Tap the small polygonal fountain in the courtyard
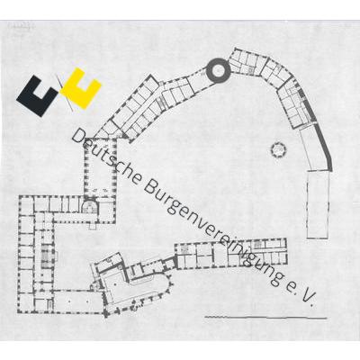click(x=279, y=148)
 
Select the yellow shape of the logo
click(x=81, y=88)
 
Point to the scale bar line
click(x=265, y=317)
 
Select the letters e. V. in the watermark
click(x=300, y=294)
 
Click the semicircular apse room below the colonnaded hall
click(x=90, y=206)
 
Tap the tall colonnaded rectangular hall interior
click(x=100, y=166)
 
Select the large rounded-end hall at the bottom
click(x=138, y=288)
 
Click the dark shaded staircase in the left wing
click(x=46, y=256)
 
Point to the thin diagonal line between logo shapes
click(x=65, y=93)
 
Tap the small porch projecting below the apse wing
click(x=93, y=226)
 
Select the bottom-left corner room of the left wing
click(x=26, y=303)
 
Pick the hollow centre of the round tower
click(x=219, y=70)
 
